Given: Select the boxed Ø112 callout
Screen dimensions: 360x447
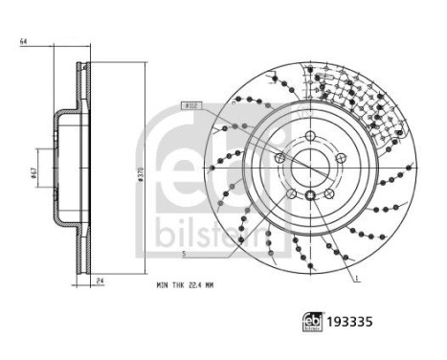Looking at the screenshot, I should click(189, 106).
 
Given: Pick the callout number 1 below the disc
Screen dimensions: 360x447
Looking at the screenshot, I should click(357, 278).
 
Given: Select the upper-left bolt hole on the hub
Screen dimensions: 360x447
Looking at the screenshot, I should click(279, 158).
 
